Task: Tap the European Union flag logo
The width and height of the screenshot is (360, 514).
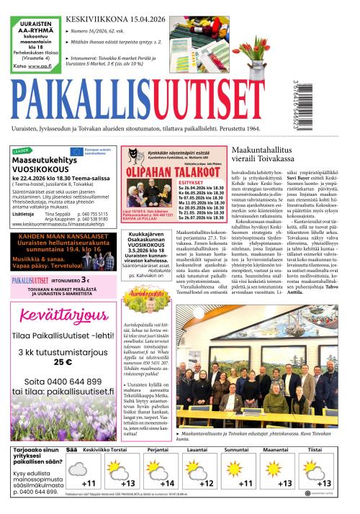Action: click(x=77, y=151)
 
